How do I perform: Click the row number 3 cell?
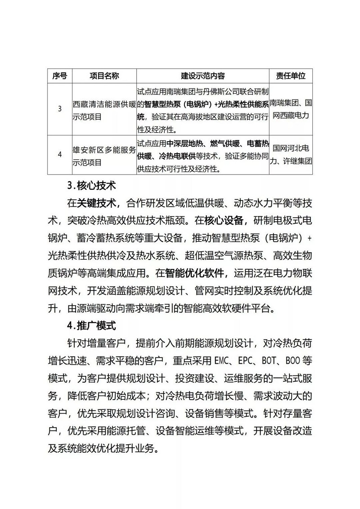click(60, 109)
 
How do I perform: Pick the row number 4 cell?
click(60, 155)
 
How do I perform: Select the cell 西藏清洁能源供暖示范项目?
click(104, 109)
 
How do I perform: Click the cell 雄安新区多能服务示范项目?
click(104, 155)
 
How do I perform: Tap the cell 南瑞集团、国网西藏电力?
click(291, 109)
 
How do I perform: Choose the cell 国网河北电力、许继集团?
click(291, 154)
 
